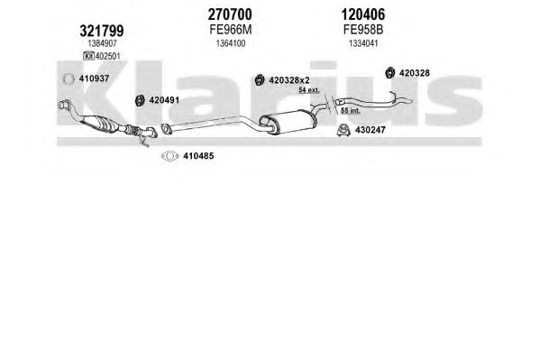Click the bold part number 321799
102,31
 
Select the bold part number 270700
230,14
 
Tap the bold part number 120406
363,14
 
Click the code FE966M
231,30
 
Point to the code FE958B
363,30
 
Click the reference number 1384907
102,43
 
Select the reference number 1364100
231,43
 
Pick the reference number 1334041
363,43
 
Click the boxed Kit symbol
89,56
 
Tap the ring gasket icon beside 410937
69,79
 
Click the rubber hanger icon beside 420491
140,100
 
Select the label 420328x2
289,80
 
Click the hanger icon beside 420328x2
260,80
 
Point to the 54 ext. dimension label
309,90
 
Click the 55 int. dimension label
351,111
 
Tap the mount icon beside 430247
343,130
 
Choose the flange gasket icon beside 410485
169,156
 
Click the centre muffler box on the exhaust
288,122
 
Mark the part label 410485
198,156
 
